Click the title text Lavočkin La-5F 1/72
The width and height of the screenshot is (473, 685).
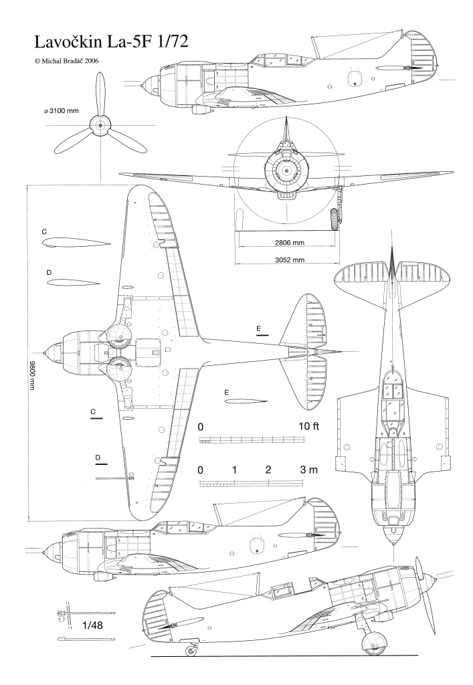[x=111, y=42]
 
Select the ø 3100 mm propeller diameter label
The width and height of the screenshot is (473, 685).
[x=62, y=110]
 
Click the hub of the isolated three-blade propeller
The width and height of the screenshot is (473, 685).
[x=100, y=125]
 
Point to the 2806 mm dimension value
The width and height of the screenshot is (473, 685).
[x=290, y=242]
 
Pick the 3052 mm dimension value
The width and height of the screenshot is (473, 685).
[x=290, y=260]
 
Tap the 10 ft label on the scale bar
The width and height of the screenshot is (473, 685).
[x=309, y=426]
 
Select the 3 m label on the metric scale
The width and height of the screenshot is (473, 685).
[x=309, y=470]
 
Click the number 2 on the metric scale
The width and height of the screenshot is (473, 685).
[x=268, y=470]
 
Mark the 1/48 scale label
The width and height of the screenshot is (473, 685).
[x=92, y=625]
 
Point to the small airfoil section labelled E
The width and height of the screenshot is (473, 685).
[x=246, y=401]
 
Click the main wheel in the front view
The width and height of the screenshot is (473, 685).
[x=335, y=219]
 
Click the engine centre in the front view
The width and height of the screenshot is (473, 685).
[x=286, y=171]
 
